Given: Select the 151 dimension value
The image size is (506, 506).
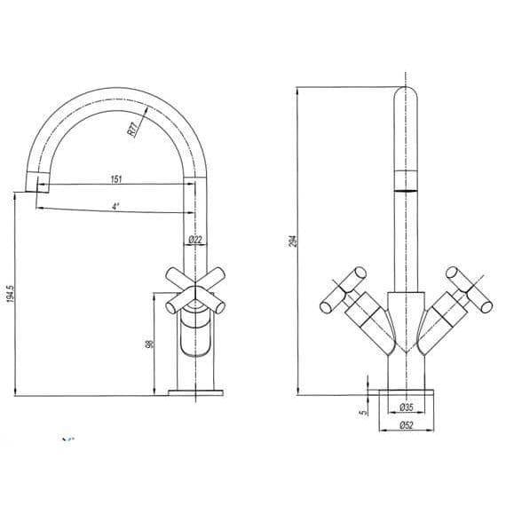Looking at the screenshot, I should (115, 178).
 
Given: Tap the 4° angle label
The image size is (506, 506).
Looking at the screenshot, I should (115, 206).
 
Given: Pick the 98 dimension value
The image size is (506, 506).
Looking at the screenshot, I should (150, 343).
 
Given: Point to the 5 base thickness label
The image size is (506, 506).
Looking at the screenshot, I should (363, 411).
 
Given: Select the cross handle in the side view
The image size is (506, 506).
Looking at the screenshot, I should (194, 289).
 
